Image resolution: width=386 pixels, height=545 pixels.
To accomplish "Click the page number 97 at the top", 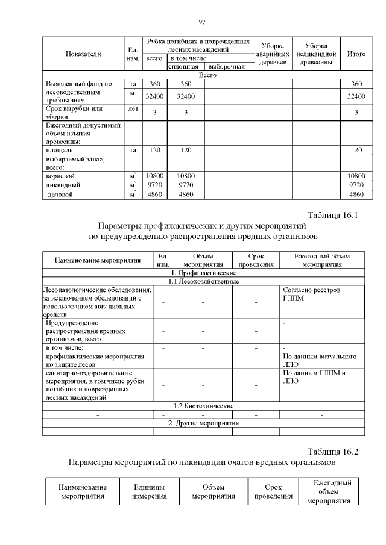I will (x=203, y=23).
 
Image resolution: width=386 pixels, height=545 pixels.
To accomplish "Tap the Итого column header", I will (x=356, y=54).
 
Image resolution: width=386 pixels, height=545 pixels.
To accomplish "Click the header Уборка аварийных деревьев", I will (x=272, y=54).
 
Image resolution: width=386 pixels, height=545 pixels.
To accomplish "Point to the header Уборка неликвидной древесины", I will (x=316, y=54).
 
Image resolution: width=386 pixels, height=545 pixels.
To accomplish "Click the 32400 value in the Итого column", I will (x=356, y=96).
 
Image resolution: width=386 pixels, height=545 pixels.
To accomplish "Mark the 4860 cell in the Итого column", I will (x=356, y=195).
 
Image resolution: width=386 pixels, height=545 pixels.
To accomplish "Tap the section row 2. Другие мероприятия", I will (x=203, y=423).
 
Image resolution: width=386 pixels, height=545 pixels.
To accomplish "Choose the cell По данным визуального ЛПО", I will (x=323, y=360).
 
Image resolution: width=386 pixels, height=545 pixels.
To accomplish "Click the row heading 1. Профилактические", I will (x=203, y=273).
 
